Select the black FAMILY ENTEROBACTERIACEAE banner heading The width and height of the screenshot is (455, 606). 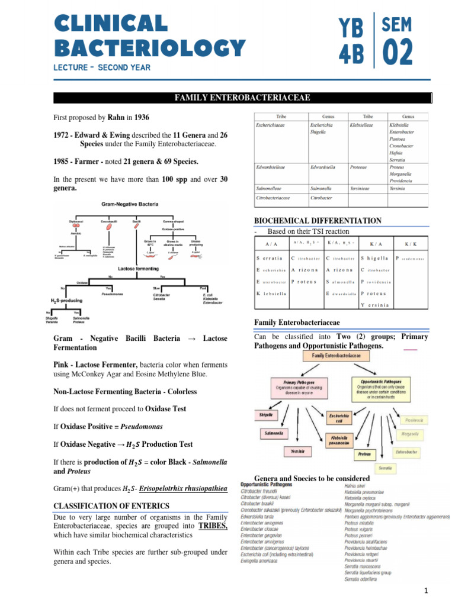coord(243,98)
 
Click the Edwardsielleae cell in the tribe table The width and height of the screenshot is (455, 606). coord(270,167)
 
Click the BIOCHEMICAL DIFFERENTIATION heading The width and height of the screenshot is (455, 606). coord(318,221)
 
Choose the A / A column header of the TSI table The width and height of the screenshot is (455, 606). coord(271,243)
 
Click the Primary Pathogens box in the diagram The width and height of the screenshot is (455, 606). coord(299,385)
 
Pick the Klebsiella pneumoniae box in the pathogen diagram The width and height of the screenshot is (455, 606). coord(342,439)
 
